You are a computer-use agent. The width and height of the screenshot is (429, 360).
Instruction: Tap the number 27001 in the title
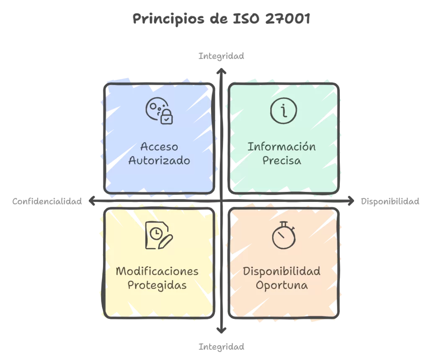pos(288,18)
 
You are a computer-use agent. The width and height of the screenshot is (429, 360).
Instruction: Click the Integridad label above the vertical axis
pos(221,56)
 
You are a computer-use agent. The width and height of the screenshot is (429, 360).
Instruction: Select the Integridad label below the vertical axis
pos(221,347)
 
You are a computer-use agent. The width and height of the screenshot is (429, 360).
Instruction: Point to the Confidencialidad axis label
pos(47,202)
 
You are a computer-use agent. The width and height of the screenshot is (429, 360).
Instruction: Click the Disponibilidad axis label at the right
pos(390,202)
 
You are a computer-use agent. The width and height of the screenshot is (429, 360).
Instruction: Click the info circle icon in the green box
pos(284,111)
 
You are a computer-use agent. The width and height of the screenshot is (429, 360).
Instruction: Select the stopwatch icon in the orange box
pos(284,235)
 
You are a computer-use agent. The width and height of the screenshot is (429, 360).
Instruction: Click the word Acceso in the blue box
pos(159,147)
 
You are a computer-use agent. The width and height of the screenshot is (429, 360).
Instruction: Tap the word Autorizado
pos(159,161)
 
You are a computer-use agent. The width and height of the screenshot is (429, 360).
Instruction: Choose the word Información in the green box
pos(282,147)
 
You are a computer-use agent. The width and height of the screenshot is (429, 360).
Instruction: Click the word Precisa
pos(282,161)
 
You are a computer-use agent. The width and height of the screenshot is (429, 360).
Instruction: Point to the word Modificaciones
pos(157,271)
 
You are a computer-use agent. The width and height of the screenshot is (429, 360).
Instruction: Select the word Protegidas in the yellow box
pos(157,285)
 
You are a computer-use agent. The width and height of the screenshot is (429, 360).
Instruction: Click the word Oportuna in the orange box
pos(282,285)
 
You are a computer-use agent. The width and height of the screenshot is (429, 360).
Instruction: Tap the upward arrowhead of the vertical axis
pos(221,71)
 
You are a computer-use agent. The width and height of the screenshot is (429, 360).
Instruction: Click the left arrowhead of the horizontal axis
pos(92,201)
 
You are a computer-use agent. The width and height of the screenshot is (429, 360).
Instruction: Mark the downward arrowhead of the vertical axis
pos(221,330)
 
